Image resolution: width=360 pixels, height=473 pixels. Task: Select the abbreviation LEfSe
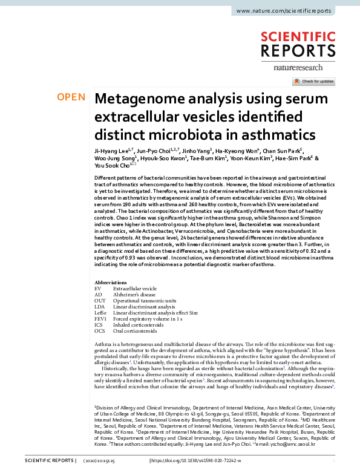point(101,313)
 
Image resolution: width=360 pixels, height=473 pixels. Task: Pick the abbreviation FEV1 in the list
point(100,319)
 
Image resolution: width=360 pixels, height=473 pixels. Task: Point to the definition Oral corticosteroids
point(135,331)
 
